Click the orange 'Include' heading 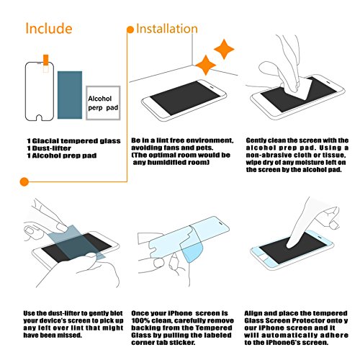tap(49, 28)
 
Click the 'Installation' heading tap(167, 29)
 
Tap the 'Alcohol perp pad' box tap(103, 103)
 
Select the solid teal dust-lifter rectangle tap(70, 95)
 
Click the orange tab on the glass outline tap(45, 60)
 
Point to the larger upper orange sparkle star tap(224, 49)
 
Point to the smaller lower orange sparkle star tap(206, 65)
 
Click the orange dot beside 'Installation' tap(130, 30)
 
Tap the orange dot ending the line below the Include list tap(24, 181)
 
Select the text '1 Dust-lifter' tap(49, 148)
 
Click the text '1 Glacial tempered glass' tap(73, 141)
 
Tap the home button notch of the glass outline tap(40, 118)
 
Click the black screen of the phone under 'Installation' tap(185, 98)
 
